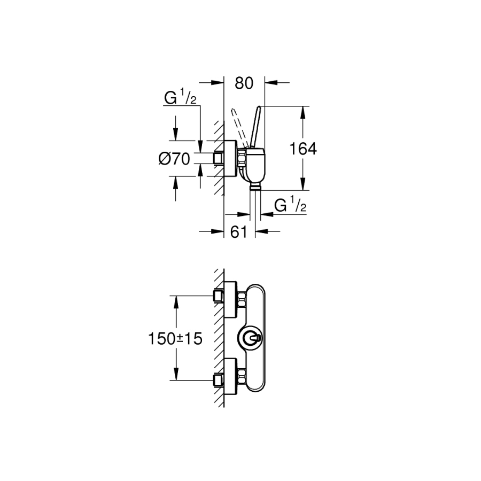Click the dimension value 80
pos(243,83)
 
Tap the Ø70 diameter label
pos(174,158)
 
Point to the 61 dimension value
pos(239,231)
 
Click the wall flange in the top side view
pos(230,159)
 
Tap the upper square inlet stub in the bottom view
pos(218,296)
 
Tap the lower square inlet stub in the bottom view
pos(218,380)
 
